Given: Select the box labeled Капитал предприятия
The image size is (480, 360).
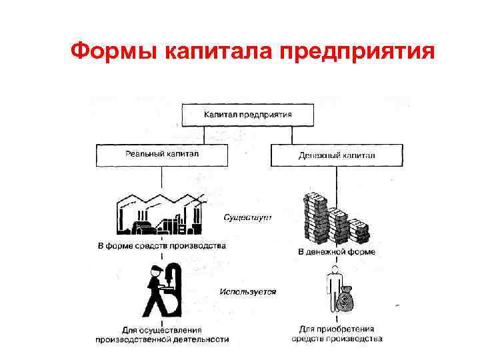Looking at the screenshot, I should coord(247,115).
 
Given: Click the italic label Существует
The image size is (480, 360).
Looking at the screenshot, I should coord(247,218).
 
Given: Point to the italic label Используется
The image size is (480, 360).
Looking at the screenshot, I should coord(247,291).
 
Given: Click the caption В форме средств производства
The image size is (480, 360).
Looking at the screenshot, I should coord(161,245).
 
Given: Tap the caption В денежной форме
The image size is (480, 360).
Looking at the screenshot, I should coord(336,252).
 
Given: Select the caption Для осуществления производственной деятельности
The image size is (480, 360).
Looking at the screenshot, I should coord(161,334).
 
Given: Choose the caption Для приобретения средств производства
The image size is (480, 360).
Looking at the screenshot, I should coord(337,333).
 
